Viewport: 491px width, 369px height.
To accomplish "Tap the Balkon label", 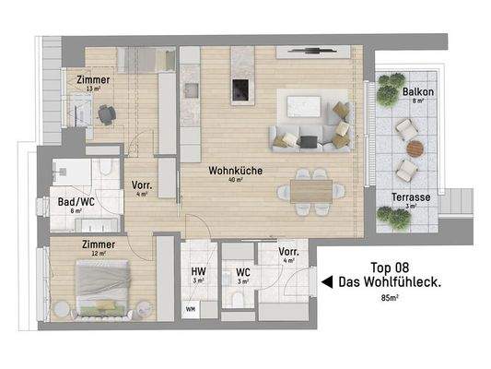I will [x=419, y=94].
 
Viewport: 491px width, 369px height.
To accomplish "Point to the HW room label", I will [x=198, y=271].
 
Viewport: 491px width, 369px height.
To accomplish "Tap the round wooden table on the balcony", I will [x=415, y=148].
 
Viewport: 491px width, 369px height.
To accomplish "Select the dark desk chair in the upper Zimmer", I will [x=107, y=114].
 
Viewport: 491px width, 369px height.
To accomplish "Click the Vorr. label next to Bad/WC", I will [x=142, y=184].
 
